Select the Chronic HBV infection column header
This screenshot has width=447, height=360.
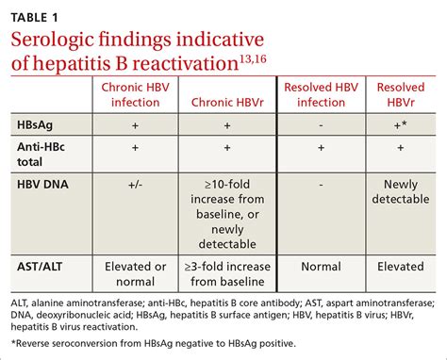pyautogui.click(x=135, y=96)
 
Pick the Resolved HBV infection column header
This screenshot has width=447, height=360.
pyautogui.click(x=321, y=96)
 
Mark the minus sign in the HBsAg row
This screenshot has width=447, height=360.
pyautogui.click(x=321, y=124)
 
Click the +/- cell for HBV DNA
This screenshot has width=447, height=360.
pyautogui.click(x=135, y=187)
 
